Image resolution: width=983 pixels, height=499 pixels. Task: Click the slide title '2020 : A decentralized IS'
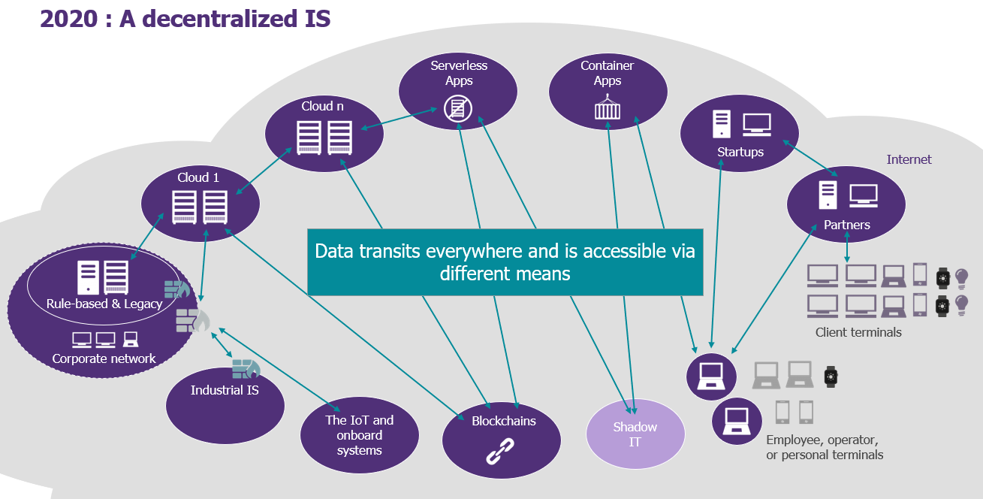(185, 19)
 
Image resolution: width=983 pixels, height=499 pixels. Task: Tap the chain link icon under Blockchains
(500, 451)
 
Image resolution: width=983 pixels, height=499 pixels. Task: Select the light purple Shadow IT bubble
(635, 434)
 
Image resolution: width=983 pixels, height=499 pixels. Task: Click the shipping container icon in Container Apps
(608, 107)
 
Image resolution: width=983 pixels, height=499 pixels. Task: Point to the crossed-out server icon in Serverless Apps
(458, 108)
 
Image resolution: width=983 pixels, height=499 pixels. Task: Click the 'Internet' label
(909, 159)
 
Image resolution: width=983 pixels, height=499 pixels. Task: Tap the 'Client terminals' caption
(858, 332)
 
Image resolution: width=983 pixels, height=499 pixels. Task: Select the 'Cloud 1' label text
(198, 177)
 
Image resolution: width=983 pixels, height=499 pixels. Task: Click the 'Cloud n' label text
(322, 106)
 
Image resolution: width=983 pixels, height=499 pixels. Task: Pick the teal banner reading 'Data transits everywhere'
(505, 262)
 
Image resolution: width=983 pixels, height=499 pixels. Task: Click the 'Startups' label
(740, 152)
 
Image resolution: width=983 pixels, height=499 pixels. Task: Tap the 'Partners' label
(846, 225)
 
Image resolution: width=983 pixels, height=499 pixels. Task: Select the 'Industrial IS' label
(225, 390)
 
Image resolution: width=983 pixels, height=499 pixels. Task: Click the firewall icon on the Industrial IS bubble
(246, 369)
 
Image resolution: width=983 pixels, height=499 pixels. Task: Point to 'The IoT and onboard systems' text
(360, 435)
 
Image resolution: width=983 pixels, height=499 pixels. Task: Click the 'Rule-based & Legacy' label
(104, 304)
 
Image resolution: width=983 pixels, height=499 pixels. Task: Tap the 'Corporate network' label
(104, 359)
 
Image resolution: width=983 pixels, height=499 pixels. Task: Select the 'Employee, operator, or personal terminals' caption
(825, 447)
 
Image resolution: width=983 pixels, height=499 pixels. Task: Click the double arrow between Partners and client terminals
(847, 246)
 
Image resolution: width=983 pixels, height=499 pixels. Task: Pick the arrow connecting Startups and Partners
(810, 158)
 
